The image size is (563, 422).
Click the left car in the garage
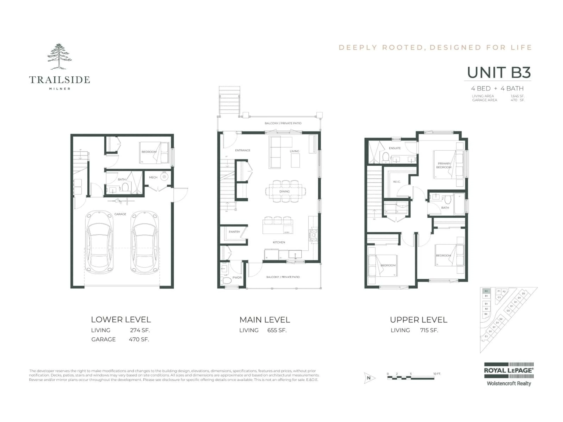(x=99, y=242)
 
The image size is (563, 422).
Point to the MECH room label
(x=153, y=177)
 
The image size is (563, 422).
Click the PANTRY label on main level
(x=234, y=232)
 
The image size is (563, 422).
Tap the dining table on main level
(x=285, y=191)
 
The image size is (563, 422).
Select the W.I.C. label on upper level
(x=397, y=182)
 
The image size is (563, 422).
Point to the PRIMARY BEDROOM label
(x=444, y=165)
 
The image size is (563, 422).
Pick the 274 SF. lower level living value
(x=140, y=330)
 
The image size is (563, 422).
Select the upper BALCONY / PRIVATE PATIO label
(x=283, y=123)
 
